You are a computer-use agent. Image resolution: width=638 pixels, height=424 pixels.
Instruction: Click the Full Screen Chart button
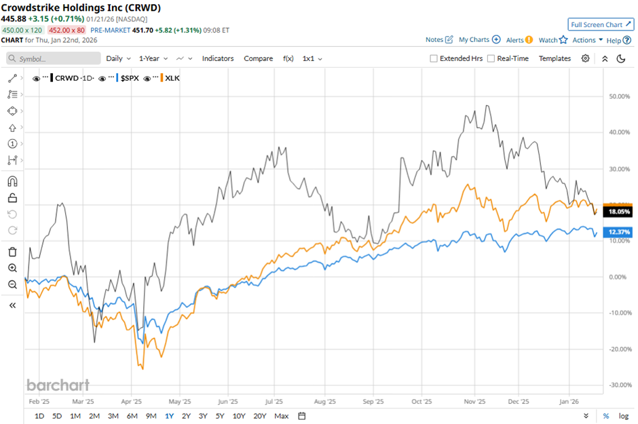(601, 24)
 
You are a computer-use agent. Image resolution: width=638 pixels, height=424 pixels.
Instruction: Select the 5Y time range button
(220, 416)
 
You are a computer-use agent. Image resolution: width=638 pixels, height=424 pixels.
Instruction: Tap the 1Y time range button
(169, 416)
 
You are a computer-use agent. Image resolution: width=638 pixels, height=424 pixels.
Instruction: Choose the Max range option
(282, 416)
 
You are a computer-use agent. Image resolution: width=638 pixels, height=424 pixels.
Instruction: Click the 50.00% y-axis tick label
(616, 96)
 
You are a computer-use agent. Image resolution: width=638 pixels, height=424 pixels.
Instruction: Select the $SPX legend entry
(130, 78)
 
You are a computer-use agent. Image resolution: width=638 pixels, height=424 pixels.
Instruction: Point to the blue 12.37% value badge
(618, 233)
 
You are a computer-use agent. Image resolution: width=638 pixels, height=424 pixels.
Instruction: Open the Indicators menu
(218, 58)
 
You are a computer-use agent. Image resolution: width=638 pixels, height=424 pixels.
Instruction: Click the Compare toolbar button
(258, 58)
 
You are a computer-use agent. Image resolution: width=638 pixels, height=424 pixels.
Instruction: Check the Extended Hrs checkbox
(434, 58)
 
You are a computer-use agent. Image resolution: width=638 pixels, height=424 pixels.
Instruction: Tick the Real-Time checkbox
(491, 58)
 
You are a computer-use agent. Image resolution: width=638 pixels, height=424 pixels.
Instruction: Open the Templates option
(555, 58)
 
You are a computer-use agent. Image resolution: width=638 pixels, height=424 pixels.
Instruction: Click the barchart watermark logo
(58, 385)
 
